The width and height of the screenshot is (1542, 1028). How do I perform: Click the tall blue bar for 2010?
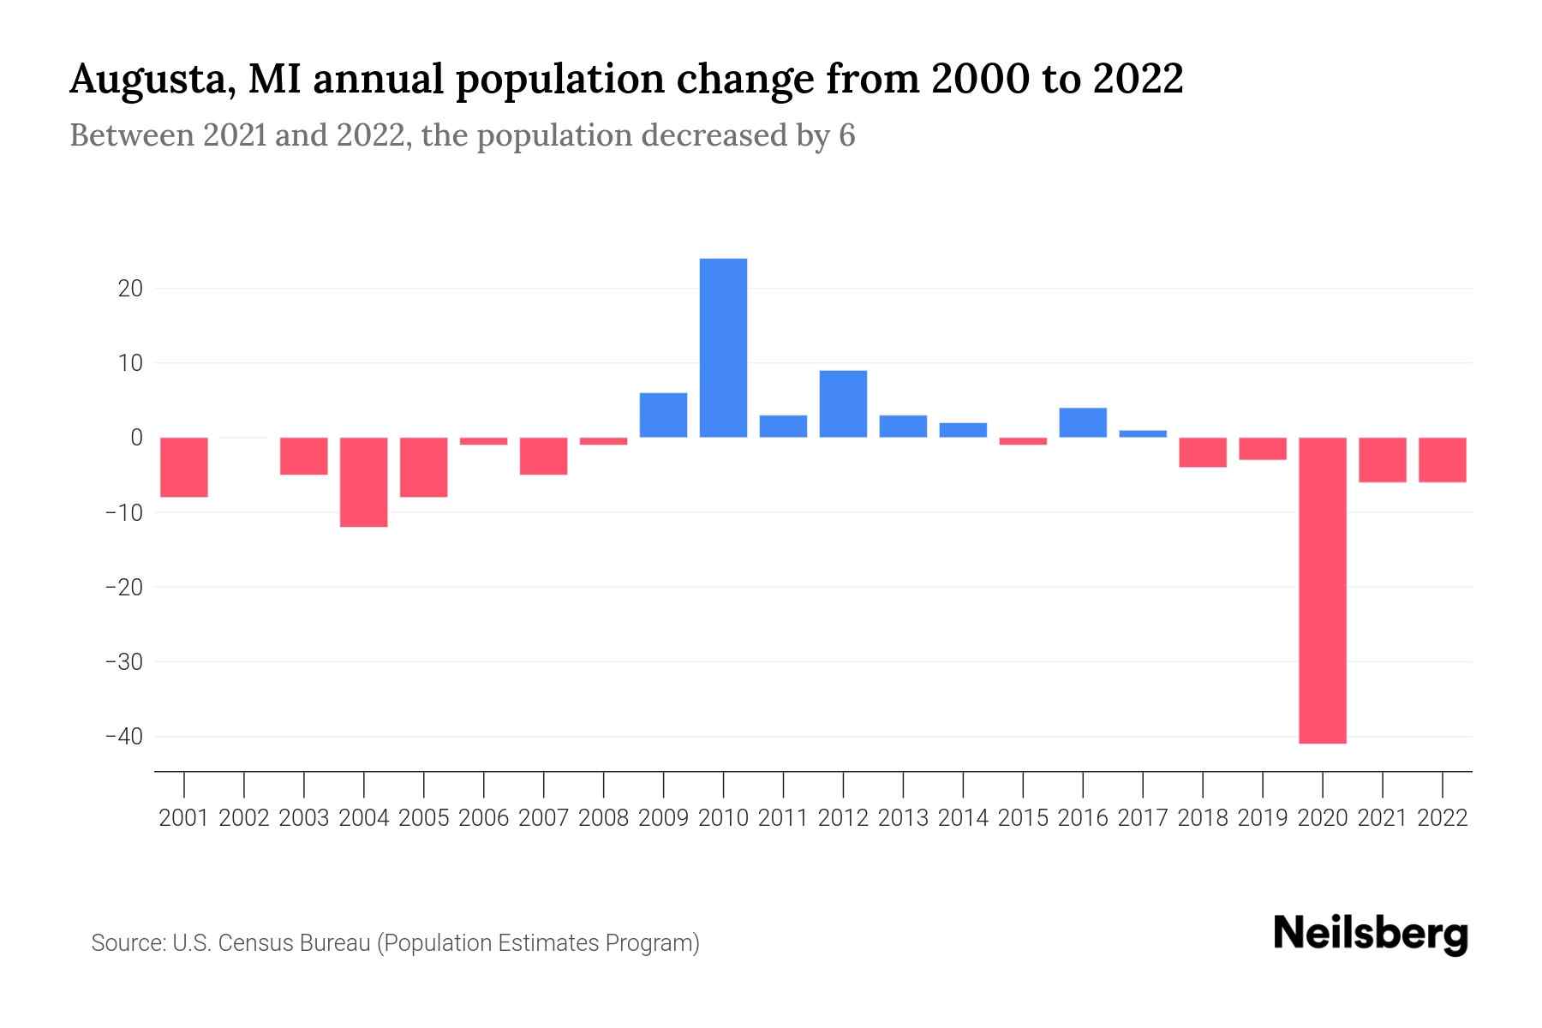click(x=723, y=348)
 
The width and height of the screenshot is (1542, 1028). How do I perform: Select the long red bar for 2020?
click(x=1322, y=590)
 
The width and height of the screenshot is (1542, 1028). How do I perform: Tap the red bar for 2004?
click(x=364, y=481)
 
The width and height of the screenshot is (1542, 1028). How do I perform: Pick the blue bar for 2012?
click(x=843, y=403)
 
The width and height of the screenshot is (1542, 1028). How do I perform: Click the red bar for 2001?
click(x=184, y=467)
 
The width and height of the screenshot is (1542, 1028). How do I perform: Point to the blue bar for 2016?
click(x=1083, y=422)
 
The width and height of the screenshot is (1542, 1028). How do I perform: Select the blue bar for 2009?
click(x=663, y=415)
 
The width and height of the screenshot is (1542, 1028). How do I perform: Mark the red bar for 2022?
click(x=1442, y=460)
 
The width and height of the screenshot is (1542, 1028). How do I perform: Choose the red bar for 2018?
click(x=1202, y=452)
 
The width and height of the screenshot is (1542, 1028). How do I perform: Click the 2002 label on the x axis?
click(x=244, y=818)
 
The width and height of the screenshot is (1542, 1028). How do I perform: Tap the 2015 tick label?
click(x=1023, y=818)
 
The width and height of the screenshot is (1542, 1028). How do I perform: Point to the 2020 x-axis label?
click(x=1322, y=818)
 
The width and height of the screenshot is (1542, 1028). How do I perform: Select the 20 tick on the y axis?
click(x=130, y=289)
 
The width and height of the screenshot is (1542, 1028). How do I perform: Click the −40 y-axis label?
click(x=123, y=737)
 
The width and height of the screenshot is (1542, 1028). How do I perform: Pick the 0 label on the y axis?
click(x=136, y=438)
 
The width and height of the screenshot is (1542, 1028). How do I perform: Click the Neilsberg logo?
click(x=1371, y=935)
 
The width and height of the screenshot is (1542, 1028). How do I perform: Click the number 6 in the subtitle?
click(x=846, y=135)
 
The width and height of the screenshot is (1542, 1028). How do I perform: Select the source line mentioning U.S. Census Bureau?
click(x=395, y=943)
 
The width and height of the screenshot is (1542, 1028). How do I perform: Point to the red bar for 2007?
click(x=543, y=456)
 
